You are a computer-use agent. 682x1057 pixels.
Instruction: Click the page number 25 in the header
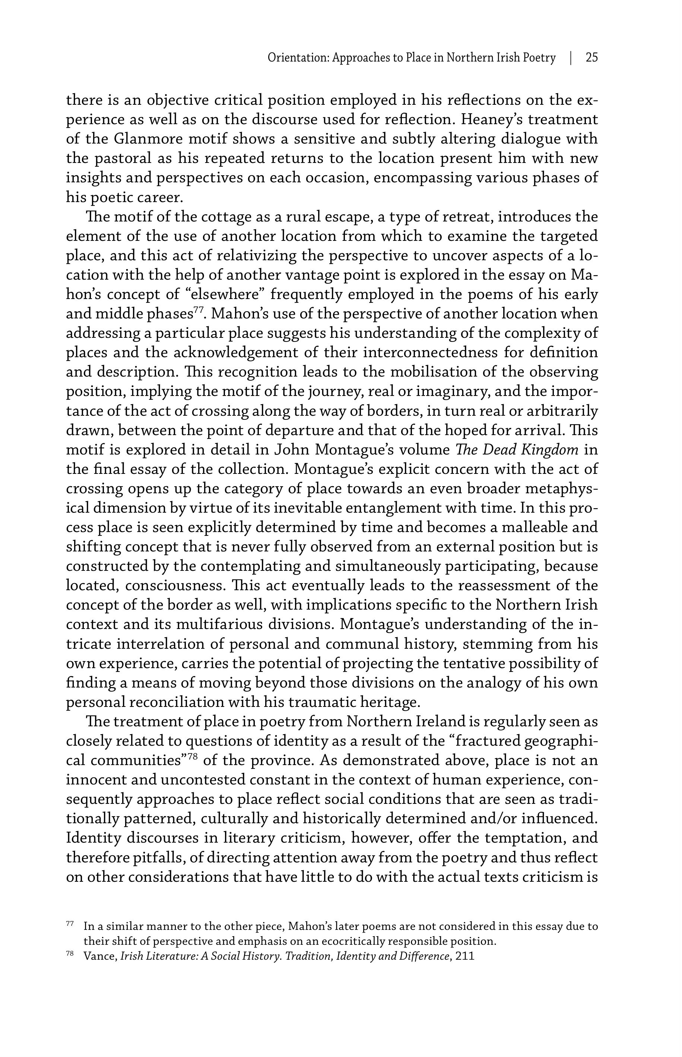point(591,58)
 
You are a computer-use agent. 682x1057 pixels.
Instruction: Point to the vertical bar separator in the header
point(571,58)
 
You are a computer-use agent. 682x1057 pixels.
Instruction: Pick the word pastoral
point(126,158)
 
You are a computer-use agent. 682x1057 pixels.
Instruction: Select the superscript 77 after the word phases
point(199,310)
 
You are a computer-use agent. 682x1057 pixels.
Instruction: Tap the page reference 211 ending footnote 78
point(465,956)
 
